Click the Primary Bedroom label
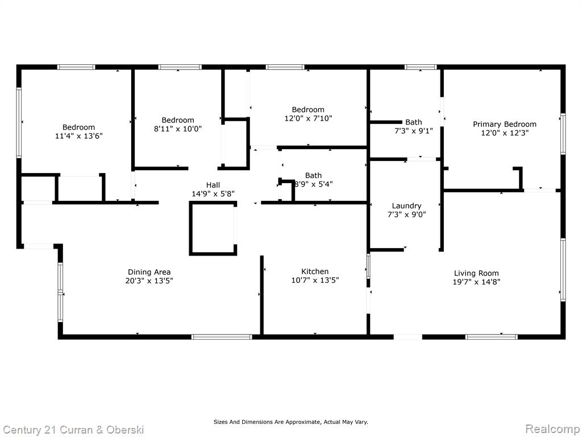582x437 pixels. pos(505,125)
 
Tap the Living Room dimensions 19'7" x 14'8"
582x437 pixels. pos(476,282)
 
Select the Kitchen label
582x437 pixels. pos(315,271)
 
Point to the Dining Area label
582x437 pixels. pos(149,273)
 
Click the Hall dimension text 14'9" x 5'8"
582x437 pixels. pos(213,193)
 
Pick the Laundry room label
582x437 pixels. pos(406,206)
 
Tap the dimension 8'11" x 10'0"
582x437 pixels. pos(178,129)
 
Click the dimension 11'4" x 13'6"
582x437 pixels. pos(78,136)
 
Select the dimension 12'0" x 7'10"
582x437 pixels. pos(308,118)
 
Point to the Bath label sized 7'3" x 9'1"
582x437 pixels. pos(414,122)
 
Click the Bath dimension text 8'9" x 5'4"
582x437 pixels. pos(314,184)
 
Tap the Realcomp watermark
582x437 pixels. pos(552,429)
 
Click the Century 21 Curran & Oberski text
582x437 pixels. pos(73,430)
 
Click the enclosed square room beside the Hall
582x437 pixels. pos(213,228)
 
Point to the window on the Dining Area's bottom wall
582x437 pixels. pos(222,337)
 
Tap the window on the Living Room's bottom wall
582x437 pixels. pos(492,337)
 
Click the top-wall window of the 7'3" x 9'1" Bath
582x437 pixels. pos(421,67)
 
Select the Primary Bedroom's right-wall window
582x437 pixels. pos(563,134)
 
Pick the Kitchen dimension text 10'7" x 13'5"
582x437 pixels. pos(315,280)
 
